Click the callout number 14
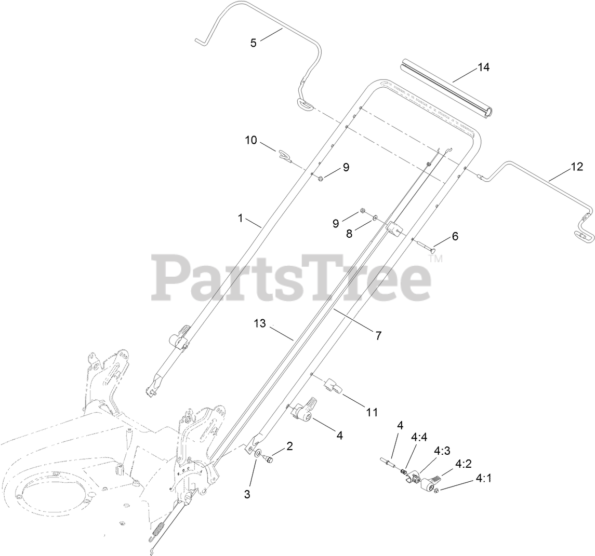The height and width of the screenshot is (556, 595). pyautogui.click(x=483, y=67)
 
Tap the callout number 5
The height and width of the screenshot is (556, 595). pyautogui.click(x=254, y=43)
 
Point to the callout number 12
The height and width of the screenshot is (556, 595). pyautogui.click(x=577, y=167)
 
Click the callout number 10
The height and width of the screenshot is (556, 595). pyautogui.click(x=251, y=140)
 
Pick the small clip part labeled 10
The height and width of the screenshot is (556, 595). pyautogui.click(x=284, y=155)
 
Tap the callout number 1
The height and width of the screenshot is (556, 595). pyautogui.click(x=241, y=219)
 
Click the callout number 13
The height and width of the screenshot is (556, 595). pyautogui.click(x=260, y=324)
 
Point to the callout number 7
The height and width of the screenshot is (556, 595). pyautogui.click(x=378, y=336)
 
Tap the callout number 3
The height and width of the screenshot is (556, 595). pyautogui.click(x=247, y=494)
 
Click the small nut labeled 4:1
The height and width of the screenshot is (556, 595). pyautogui.click(x=437, y=491)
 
